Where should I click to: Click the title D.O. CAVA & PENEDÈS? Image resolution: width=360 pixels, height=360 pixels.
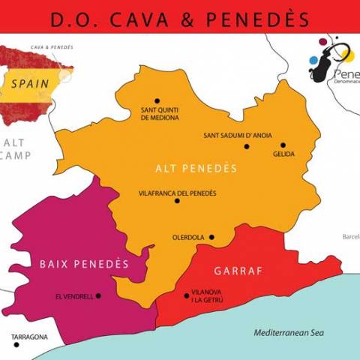click(x=180, y=18)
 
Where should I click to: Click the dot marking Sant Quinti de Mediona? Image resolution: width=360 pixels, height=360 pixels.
click(x=157, y=100)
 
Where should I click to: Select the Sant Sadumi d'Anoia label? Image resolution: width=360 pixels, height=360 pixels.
click(x=238, y=136)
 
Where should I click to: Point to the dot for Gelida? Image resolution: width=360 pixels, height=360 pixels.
click(x=283, y=145)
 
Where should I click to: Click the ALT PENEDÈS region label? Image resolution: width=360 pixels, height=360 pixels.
click(x=196, y=168)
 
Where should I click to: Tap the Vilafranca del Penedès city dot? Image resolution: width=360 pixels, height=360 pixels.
click(x=177, y=200)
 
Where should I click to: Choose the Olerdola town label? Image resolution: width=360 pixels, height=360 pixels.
click(x=188, y=238)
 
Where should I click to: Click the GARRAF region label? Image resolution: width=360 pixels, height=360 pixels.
click(x=239, y=271)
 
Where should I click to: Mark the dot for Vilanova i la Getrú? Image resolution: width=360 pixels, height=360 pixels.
click(x=186, y=295)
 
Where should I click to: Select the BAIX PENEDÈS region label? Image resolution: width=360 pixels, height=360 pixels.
click(x=84, y=264)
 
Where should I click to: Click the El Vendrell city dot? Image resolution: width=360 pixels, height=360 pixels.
click(x=98, y=295)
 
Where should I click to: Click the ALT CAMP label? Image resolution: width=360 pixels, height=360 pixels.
click(x=14, y=148)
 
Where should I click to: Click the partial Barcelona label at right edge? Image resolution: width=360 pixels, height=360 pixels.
click(x=350, y=236)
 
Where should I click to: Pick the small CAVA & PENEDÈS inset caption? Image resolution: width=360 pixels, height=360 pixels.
click(x=52, y=46)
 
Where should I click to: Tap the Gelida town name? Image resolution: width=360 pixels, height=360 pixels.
click(x=284, y=154)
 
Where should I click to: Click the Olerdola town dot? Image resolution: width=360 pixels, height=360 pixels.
click(x=211, y=238)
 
